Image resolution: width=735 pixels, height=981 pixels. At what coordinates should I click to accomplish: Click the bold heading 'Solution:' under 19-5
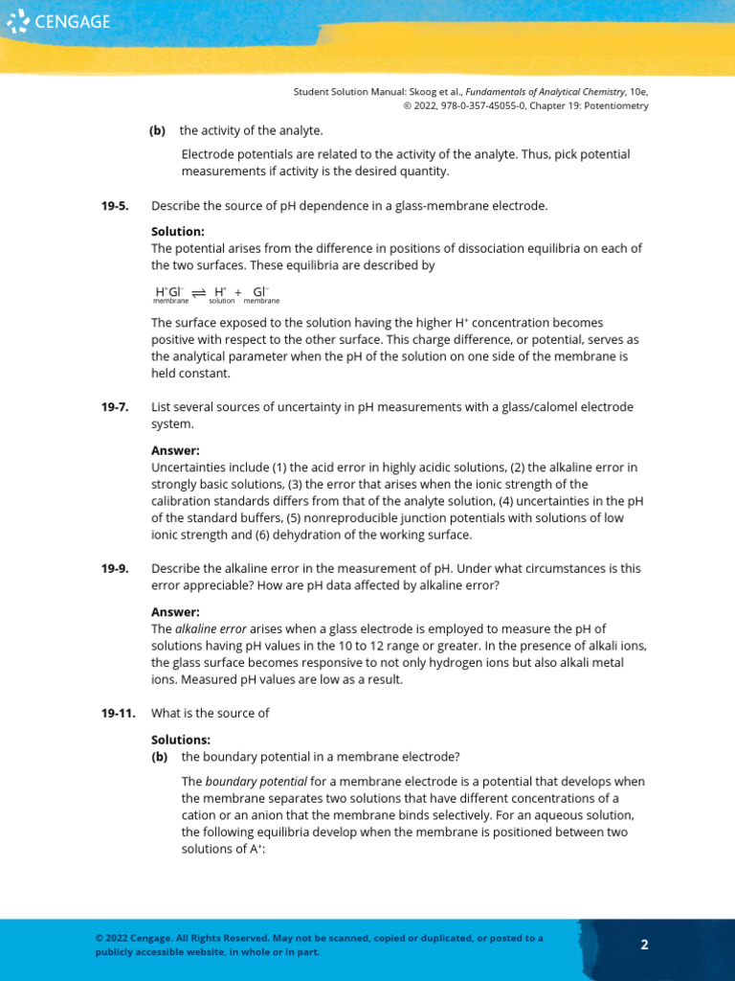tap(178, 232)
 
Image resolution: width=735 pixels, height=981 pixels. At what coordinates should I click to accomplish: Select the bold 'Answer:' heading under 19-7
tap(175, 450)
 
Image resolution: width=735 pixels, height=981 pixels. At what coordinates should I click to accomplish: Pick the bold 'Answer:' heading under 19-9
tap(175, 611)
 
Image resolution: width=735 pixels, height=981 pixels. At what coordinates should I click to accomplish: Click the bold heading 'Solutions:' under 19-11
tap(181, 740)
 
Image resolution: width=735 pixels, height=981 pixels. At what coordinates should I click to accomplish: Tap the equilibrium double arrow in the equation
tap(199, 292)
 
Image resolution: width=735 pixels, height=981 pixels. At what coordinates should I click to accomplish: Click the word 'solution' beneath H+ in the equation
tap(222, 301)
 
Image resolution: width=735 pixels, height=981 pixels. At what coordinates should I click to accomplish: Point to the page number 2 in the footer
tap(644, 945)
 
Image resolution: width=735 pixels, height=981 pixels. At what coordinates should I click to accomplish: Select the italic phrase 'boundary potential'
tap(242, 782)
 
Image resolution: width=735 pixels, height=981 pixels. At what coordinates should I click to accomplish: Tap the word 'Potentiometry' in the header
tap(616, 105)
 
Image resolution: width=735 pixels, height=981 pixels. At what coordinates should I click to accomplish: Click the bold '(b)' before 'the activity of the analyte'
tap(158, 130)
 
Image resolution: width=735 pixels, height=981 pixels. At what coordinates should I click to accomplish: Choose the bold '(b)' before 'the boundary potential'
tap(158, 757)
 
